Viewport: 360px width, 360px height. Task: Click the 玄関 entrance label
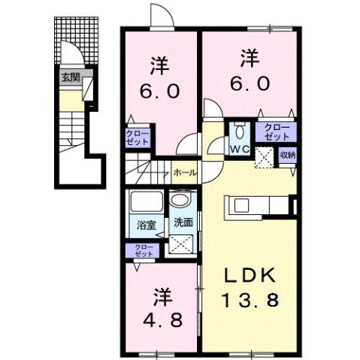[x=69, y=77]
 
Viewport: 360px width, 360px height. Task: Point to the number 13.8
[x=251, y=301]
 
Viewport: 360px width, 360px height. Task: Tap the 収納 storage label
[x=288, y=156]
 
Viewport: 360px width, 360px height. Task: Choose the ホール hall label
[x=184, y=173]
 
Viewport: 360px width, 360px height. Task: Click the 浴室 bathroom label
[x=145, y=223]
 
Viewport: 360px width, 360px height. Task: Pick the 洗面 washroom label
[x=183, y=223]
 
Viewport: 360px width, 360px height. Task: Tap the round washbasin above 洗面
[x=179, y=201]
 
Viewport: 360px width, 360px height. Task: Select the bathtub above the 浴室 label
[x=145, y=201]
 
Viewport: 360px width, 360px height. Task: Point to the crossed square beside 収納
[x=265, y=157]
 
